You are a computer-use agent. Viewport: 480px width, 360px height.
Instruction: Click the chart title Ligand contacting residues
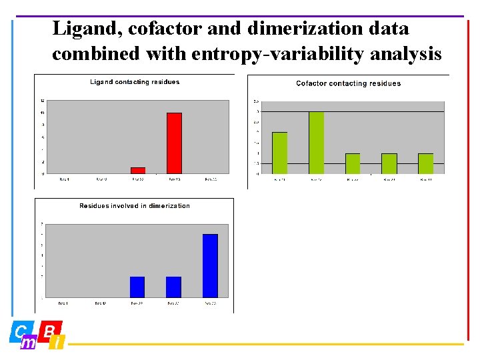(x=135, y=82)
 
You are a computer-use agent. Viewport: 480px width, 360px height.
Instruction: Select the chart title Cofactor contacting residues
(x=348, y=83)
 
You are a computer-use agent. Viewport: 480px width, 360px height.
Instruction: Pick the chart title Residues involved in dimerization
(x=135, y=205)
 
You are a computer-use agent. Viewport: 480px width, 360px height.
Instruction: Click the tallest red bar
(x=174, y=143)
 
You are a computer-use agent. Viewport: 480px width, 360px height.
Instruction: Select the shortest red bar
(x=138, y=171)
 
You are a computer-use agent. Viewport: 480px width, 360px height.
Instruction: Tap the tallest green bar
(x=316, y=143)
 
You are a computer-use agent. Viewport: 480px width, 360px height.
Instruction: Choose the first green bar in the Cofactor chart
(x=280, y=153)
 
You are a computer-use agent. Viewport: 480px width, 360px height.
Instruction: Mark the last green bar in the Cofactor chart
(x=425, y=163)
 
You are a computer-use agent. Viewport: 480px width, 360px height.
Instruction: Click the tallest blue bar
(x=210, y=265)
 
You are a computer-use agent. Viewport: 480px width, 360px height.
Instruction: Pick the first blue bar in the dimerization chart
(x=137, y=287)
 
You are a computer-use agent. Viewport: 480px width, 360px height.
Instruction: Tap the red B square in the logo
(x=52, y=330)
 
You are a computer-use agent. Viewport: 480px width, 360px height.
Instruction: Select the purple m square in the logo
(x=29, y=343)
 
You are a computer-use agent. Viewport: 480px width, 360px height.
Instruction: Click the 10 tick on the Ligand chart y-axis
(x=42, y=113)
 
